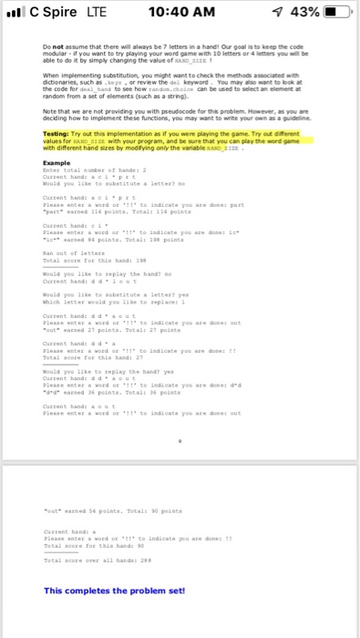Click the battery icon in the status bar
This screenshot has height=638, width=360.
click(x=336, y=14)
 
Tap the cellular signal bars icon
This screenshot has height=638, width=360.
click(x=15, y=14)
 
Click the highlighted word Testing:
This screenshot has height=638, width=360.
click(x=58, y=134)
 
